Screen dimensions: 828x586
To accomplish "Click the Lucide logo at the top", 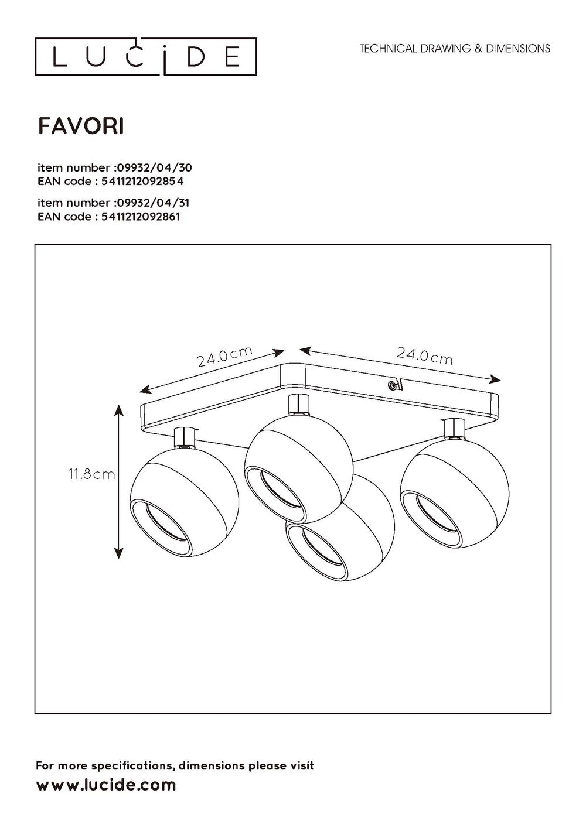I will (145, 56).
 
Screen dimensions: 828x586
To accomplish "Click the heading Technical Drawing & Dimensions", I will (455, 49).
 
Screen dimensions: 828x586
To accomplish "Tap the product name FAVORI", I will (81, 126).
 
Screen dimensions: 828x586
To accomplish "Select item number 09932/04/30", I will (114, 167).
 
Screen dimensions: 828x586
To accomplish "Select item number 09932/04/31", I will (114, 203).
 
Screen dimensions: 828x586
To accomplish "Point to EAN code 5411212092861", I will (108, 217).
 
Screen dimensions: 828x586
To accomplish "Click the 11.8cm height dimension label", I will (91, 475).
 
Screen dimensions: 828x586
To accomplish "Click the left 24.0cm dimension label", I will (224, 357).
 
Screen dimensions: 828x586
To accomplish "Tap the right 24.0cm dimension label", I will (424, 355).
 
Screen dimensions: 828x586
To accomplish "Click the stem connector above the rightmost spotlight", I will (454, 428).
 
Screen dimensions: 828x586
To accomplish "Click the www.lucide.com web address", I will (106, 785).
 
